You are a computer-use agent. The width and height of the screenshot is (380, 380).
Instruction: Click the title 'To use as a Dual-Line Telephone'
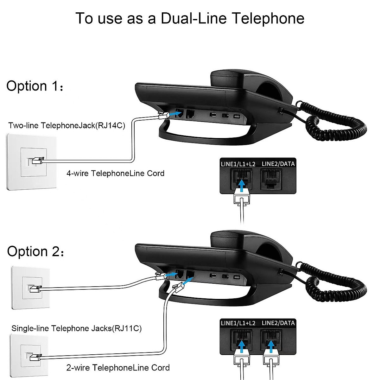(x=190, y=18)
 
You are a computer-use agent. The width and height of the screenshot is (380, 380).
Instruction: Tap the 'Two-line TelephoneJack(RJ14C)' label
(x=67, y=125)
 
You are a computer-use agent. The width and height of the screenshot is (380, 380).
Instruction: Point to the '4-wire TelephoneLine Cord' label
(x=115, y=173)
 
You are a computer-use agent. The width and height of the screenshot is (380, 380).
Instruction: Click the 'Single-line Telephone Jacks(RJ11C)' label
(x=76, y=328)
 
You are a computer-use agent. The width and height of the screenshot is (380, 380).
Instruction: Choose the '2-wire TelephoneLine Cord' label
(x=118, y=368)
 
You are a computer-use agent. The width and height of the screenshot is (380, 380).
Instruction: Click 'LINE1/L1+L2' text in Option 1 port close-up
(x=238, y=164)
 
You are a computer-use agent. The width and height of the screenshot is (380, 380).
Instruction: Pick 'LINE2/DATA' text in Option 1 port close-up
(x=278, y=164)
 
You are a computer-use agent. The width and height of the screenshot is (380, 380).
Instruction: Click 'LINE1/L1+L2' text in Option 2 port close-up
(x=238, y=323)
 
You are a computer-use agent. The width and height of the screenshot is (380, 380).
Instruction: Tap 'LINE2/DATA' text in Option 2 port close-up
(x=278, y=323)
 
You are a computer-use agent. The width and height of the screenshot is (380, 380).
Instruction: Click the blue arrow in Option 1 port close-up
(x=242, y=186)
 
